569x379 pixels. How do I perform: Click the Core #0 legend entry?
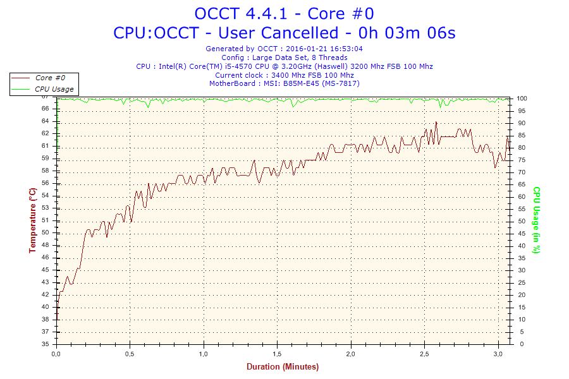tap(50, 78)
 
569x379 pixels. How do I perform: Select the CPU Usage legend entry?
tap(54, 89)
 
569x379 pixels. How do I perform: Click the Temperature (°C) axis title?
tap(32, 220)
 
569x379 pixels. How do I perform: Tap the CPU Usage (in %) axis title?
tap(536, 220)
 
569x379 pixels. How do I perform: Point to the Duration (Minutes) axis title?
tap(283, 366)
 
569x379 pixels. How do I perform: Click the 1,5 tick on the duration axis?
tap(277, 354)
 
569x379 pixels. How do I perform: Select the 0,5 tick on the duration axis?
tap(130, 354)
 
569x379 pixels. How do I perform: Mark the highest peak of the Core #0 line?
tap(436, 122)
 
